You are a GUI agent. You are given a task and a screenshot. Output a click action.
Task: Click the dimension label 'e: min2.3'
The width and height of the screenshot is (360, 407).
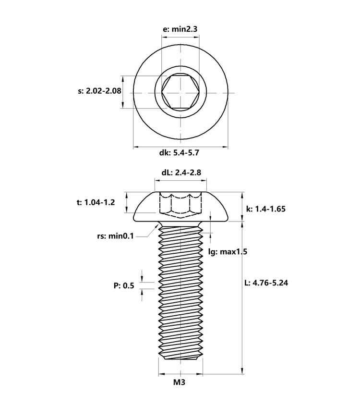[180, 29]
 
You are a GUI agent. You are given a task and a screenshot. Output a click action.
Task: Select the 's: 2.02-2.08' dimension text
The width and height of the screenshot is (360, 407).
[99, 91]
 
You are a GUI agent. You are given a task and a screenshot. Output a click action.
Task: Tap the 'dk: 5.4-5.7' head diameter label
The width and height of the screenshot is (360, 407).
[179, 153]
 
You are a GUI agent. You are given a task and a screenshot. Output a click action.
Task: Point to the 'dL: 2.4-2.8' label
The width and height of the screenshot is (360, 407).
[181, 173]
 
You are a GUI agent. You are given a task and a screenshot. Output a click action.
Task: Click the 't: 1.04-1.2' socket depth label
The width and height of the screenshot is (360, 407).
[96, 202]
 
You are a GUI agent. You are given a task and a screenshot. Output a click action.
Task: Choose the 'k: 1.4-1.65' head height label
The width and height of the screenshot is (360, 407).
[265, 209]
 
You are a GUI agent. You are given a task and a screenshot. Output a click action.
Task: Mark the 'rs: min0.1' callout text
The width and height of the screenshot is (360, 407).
[115, 236]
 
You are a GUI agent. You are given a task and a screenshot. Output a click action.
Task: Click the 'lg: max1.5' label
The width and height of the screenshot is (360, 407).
[228, 251]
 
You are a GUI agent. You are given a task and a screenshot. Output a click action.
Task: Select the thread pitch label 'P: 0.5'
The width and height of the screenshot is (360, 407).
[124, 286]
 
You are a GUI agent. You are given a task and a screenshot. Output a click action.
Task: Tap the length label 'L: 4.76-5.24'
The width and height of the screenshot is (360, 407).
[266, 283]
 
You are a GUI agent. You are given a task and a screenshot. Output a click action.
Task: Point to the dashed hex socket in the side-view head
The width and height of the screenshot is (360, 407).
[180, 205]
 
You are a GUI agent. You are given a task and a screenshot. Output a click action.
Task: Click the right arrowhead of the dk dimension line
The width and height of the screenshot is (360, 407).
[225, 147]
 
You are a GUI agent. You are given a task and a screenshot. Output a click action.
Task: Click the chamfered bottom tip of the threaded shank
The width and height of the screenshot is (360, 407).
[180, 359]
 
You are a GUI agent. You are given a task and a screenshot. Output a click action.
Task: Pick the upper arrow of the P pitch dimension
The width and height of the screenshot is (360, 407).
[142, 279]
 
